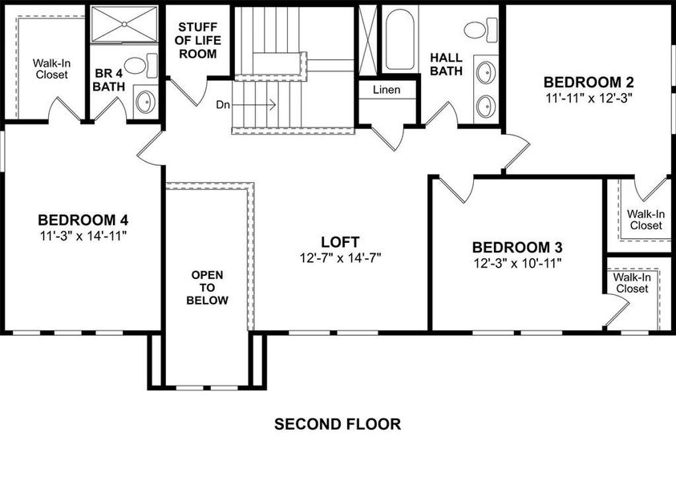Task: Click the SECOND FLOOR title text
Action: [338, 424]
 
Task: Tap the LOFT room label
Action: [340, 242]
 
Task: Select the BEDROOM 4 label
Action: [83, 220]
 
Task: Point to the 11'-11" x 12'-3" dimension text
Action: [589, 99]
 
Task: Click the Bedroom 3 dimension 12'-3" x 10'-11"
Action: [518, 263]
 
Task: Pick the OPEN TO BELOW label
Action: [207, 288]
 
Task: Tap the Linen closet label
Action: [387, 90]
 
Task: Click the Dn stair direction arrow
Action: [253, 104]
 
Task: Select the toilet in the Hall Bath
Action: [480, 30]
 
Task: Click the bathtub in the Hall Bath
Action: [400, 39]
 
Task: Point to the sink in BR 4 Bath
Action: [145, 102]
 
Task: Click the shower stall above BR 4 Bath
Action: [124, 24]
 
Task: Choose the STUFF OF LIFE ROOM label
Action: [198, 41]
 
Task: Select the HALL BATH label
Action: [446, 64]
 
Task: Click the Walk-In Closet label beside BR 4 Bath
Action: [52, 69]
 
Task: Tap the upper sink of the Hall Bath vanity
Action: [486, 73]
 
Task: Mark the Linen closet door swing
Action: [388, 137]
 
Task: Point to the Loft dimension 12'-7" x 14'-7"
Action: [341, 258]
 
